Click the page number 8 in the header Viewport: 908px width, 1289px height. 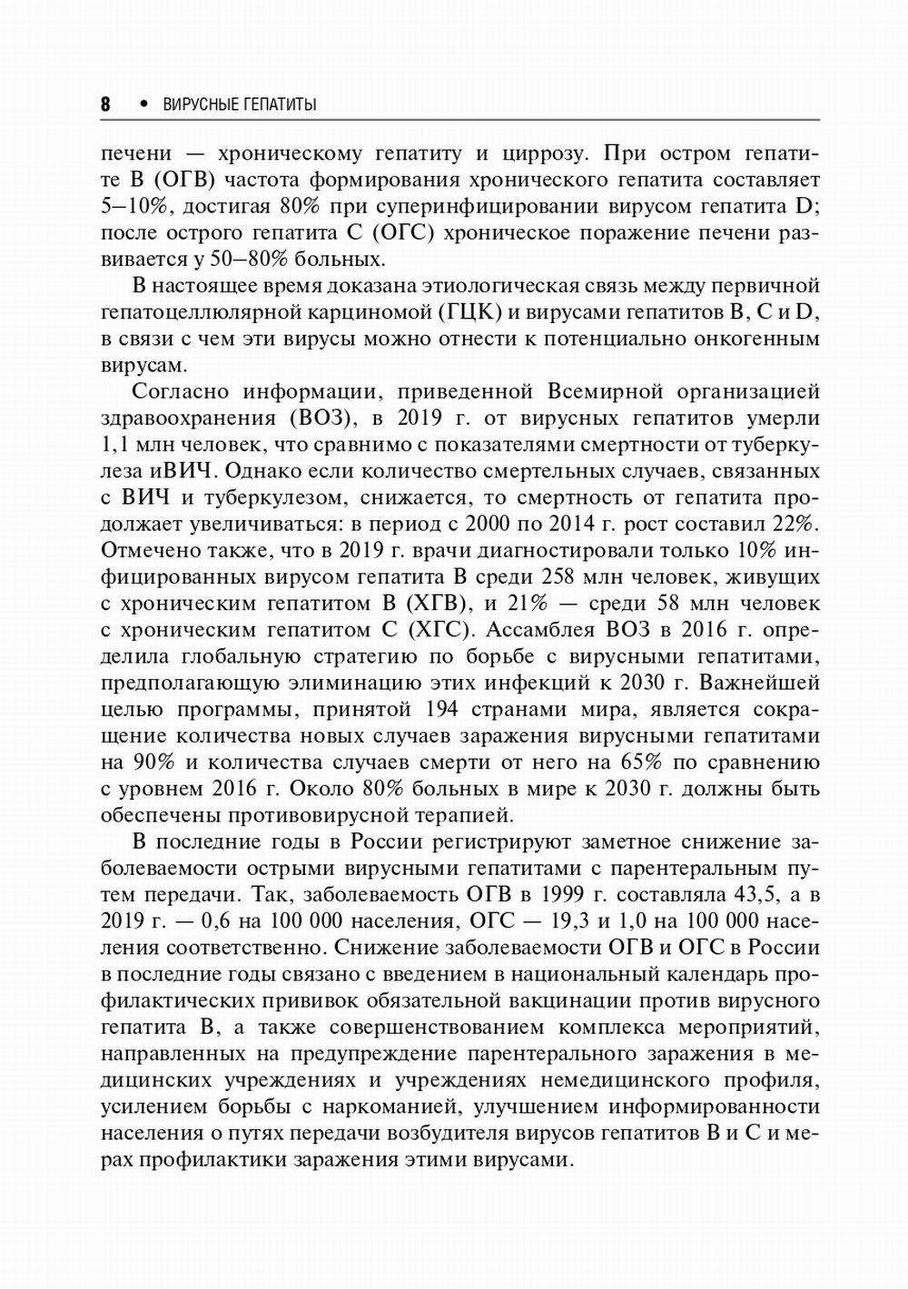point(105,104)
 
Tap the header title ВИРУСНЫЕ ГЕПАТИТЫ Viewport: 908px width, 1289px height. point(240,104)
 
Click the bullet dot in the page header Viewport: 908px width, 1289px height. point(143,103)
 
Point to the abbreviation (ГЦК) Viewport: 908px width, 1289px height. point(471,312)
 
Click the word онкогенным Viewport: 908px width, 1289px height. point(757,339)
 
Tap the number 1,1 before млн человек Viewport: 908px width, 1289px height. point(114,445)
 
